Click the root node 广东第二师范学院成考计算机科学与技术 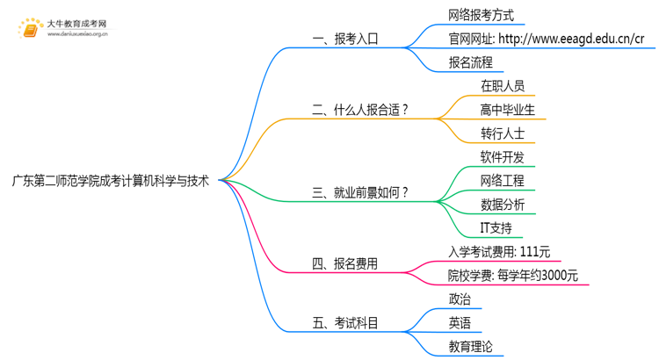(110, 182)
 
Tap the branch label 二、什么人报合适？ (361, 110)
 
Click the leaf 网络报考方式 (481, 16)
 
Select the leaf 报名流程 (470, 62)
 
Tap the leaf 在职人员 (503, 86)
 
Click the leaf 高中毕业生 (508, 110)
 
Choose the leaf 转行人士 (503, 133)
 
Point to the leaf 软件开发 (503, 157)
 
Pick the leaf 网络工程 (503, 181)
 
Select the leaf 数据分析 (503, 205)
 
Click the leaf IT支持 (496, 228)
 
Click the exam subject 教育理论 (470, 347)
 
